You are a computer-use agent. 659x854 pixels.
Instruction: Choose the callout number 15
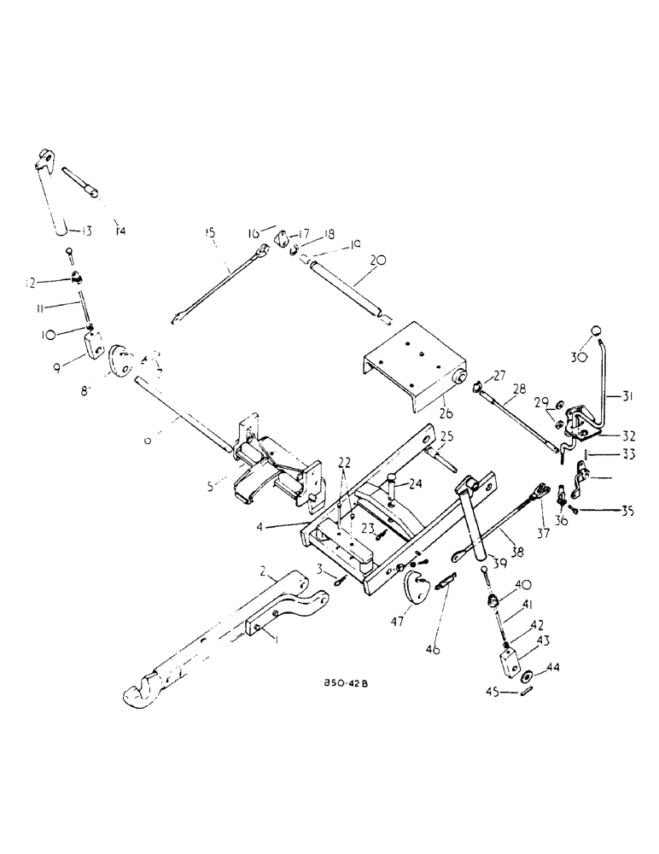[210, 231]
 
